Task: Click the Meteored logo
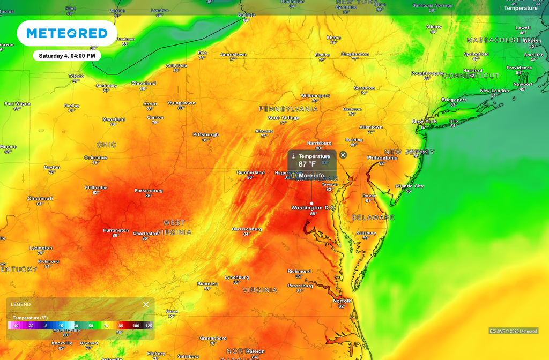click(x=67, y=33)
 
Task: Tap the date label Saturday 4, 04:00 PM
click(x=67, y=55)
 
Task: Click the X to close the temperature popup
click(x=343, y=155)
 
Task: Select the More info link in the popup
click(x=311, y=176)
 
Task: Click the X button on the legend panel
click(x=146, y=304)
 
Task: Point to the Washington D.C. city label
click(x=314, y=208)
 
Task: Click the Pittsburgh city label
click(x=206, y=135)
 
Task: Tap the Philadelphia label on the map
click(x=382, y=158)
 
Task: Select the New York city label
click(x=424, y=122)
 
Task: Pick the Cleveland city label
click(x=144, y=84)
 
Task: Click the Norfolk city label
click(x=342, y=301)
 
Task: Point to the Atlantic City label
click(x=409, y=186)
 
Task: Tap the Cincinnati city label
click(x=41, y=198)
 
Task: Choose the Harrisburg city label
click(x=320, y=143)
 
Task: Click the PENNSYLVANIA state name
click(x=288, y=109)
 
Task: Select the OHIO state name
click(x=106, y=145)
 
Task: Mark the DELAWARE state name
click(x=373, y=217)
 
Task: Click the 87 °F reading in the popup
click(x=307, y=164)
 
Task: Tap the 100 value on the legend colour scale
click(x=136, y=326)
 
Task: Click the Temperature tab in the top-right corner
click(x=520, y=8)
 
